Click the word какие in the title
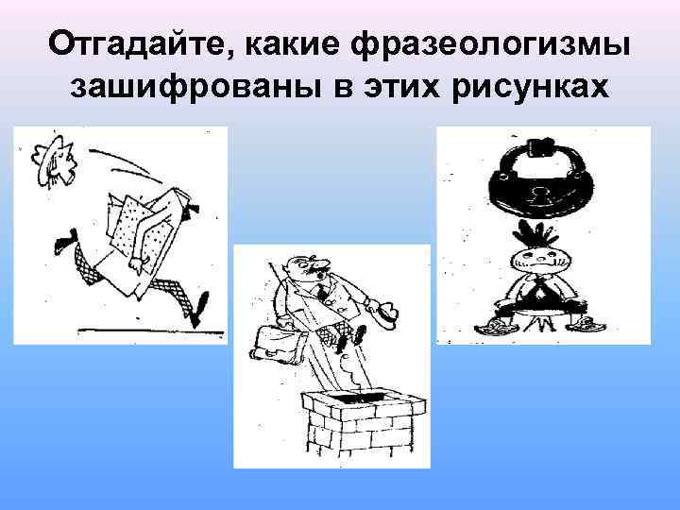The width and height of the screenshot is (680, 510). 295,43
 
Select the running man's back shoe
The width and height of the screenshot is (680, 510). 63,246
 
